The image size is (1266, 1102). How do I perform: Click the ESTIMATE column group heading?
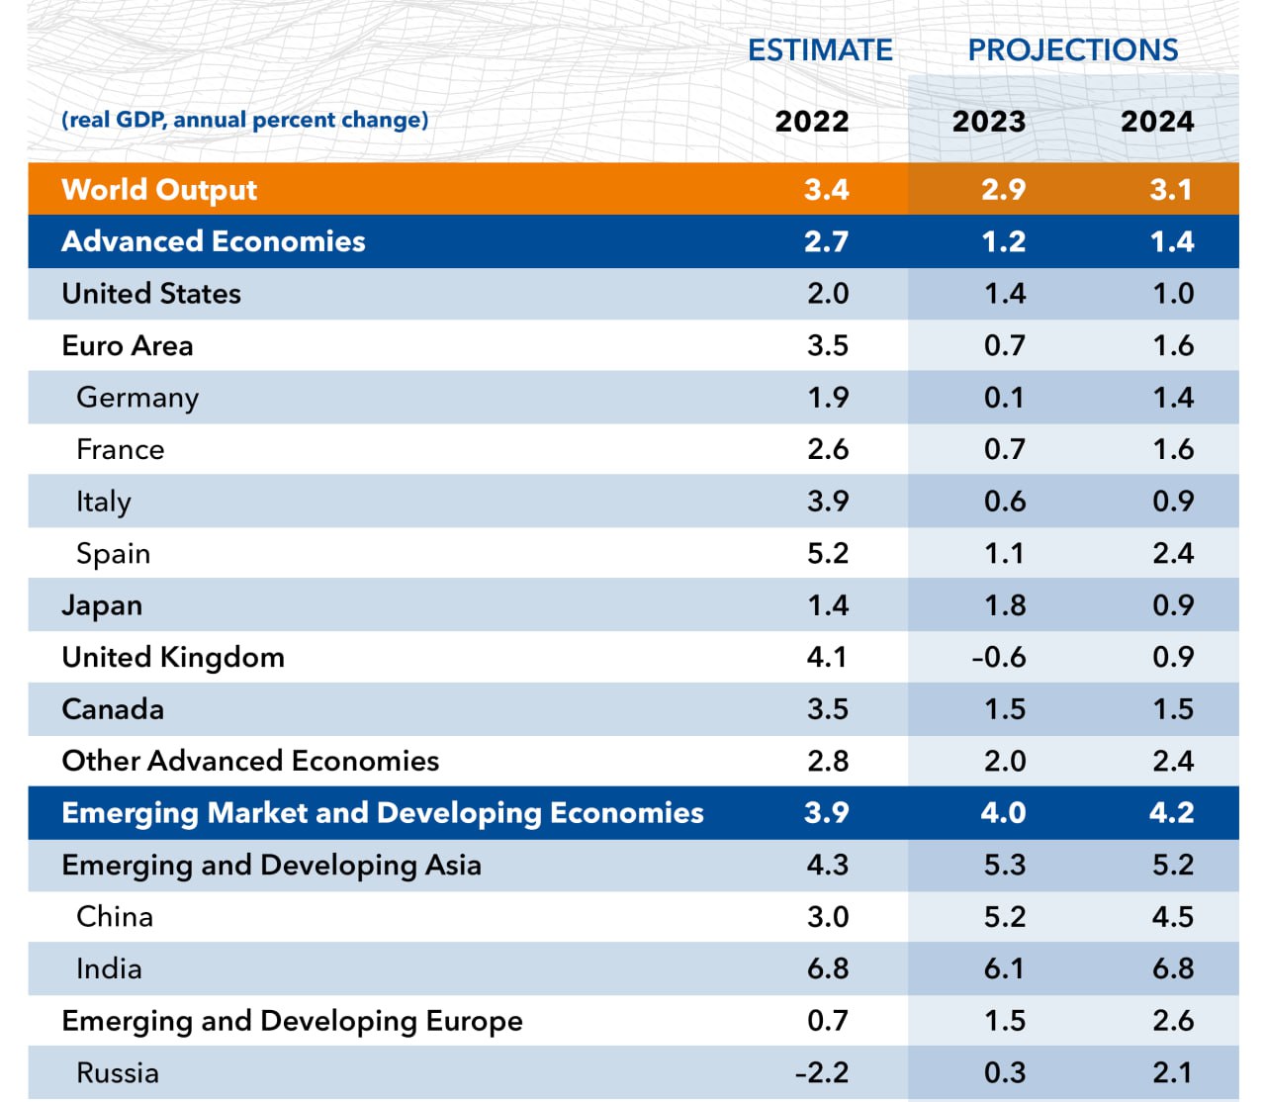(x=820, y=49)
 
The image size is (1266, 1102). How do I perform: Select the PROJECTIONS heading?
(x=1072, y=49)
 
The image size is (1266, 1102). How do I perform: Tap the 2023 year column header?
(x=988, y=122)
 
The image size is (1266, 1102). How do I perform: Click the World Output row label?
(x=159, y=189)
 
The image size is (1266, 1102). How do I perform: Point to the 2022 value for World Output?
(x=826, y=189)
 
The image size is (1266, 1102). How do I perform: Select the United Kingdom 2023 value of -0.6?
(x=999, y=657)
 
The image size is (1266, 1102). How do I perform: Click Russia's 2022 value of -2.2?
(x=822, y=1072)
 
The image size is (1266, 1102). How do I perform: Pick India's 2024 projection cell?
(x=1173, y=968)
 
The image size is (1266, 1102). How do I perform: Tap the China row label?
(x=115, y=917)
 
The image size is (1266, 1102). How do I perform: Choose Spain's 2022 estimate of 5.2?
(x=828, y=553)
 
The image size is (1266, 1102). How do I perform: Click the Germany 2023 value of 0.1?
(x=1004, y=398)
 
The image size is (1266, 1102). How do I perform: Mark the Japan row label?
(x=102, y=605)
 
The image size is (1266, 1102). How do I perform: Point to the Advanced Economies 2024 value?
(x=1172, y=241)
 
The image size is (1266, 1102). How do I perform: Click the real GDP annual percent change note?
(x=245, y=120)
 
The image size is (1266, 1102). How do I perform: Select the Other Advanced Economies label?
(x=250, y=761)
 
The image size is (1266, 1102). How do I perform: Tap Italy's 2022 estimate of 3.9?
(x=828, y=502)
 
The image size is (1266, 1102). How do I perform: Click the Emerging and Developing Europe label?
(x=292, y=1021)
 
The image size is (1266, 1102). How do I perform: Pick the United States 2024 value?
(x=1173, y=294)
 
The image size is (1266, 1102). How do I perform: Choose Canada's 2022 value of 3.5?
(x=828, y=709)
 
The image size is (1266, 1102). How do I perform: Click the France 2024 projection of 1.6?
(x=1173, y=449)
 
